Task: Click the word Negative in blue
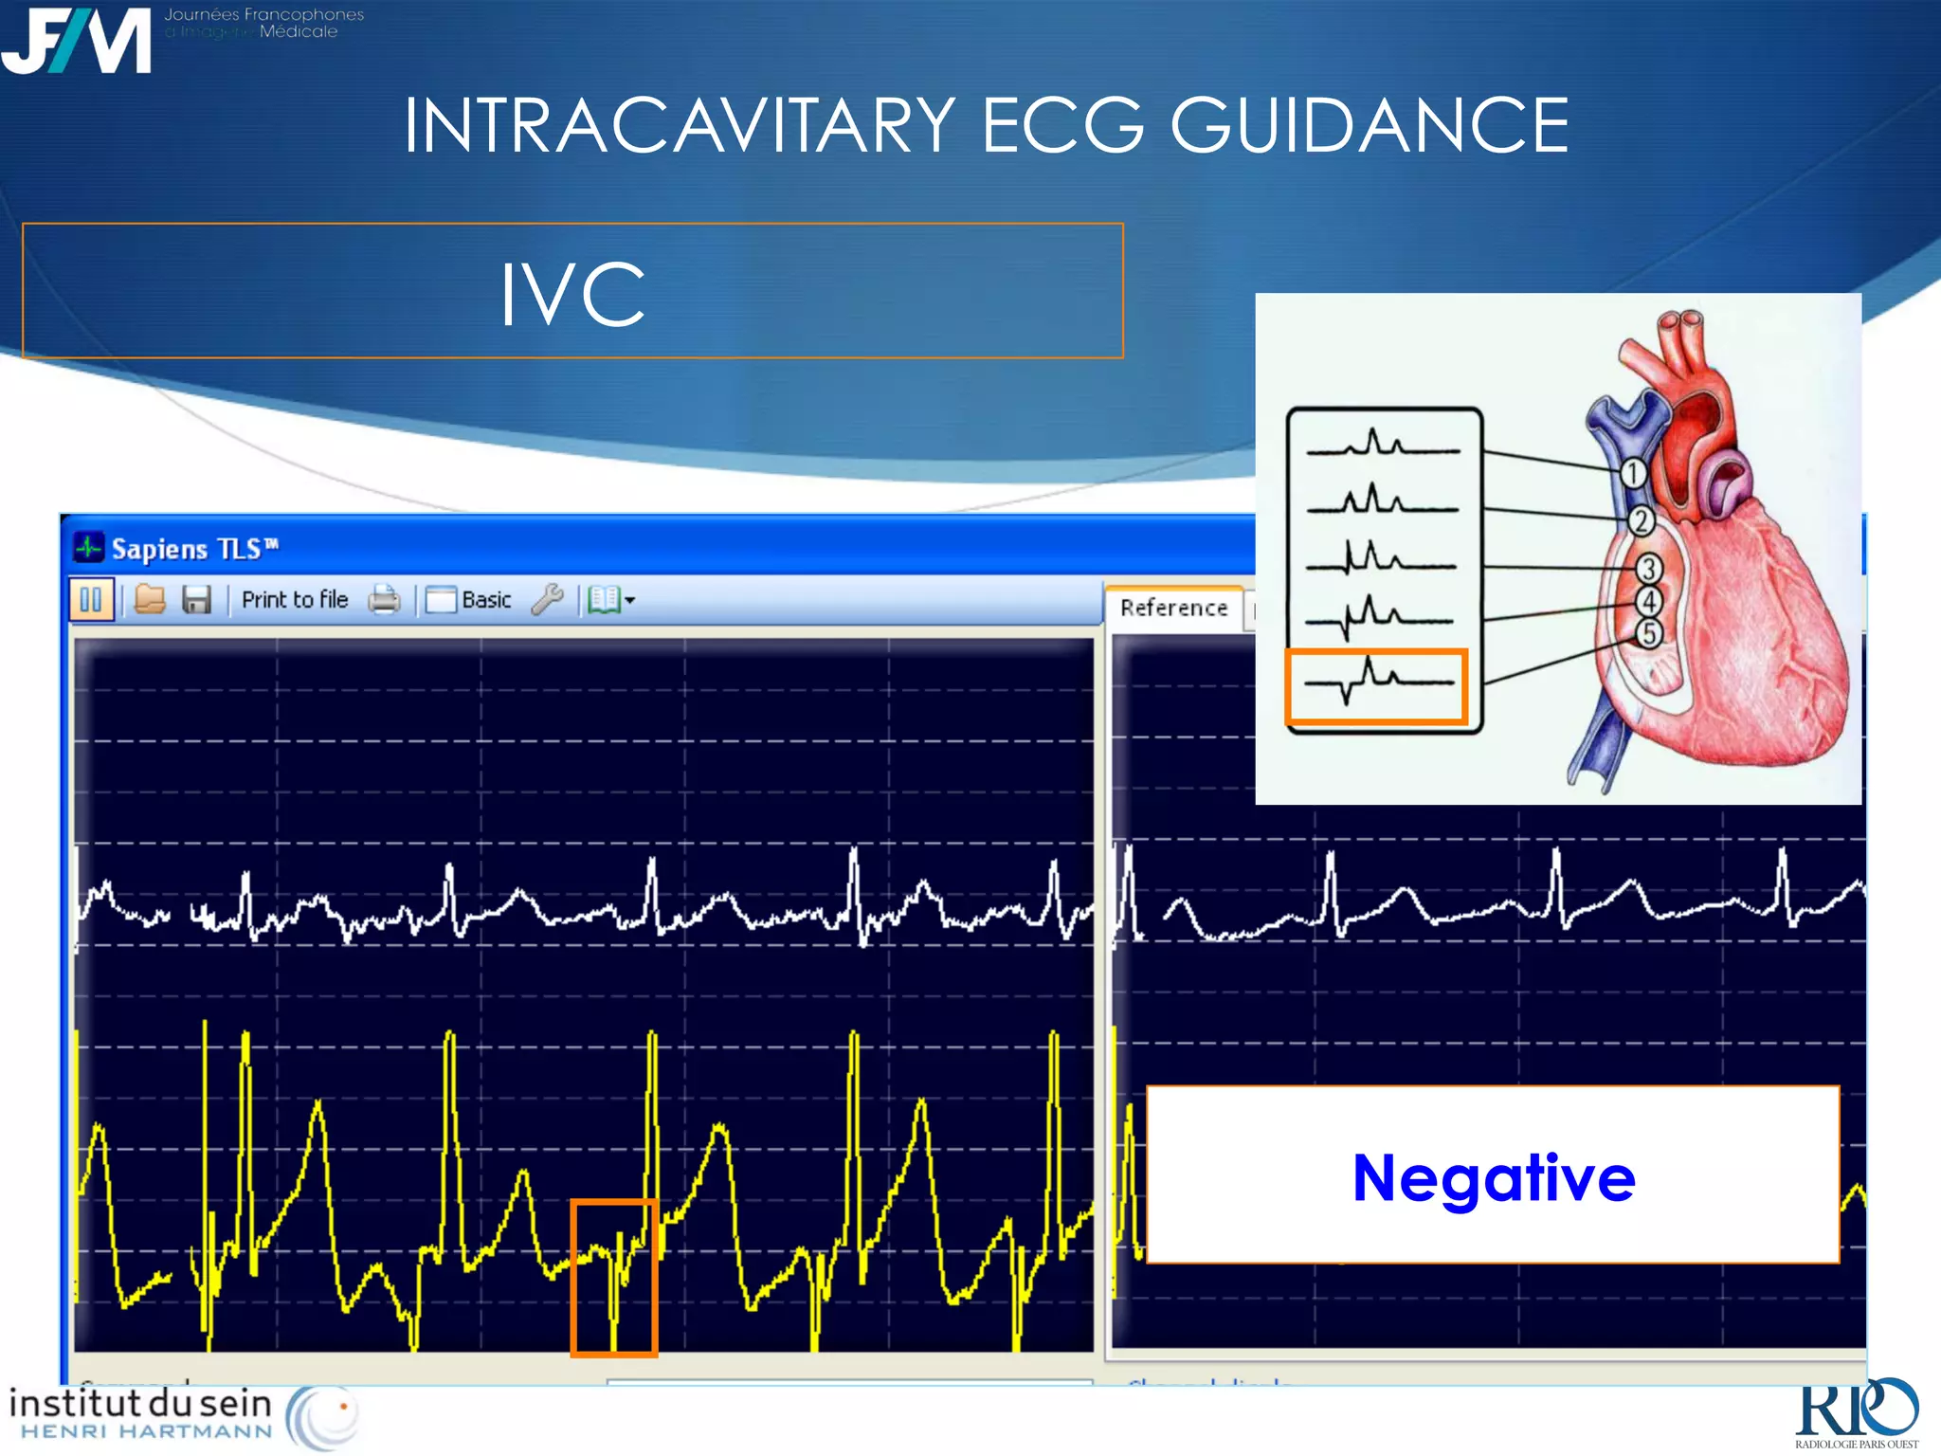1494,1178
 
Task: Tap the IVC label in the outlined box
572,295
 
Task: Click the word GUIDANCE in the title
1370,125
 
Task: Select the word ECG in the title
1062,125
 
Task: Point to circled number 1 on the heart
1632,472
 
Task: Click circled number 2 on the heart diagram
1642,520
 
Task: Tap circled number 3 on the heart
1649,569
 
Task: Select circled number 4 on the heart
1649,601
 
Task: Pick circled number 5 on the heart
1649,633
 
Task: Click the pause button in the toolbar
91,600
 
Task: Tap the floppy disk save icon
196,600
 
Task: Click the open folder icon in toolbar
150,600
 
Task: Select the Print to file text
295,600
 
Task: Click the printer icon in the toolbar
384,600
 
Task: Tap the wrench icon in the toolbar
547,599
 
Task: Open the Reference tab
1173,608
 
